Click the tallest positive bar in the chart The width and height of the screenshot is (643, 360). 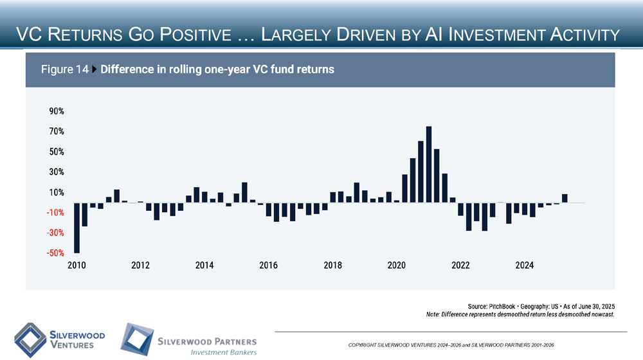(x=429, y=165)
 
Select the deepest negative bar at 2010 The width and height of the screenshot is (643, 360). (x=77, y=228)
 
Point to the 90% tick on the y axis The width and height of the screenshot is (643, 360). (x=56, y=111)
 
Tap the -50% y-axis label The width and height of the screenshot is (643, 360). (x=55, y=253)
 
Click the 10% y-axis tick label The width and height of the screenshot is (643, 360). (x=56, y=193)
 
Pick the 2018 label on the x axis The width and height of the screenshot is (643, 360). (x=332, y=265)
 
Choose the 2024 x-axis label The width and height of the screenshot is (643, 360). (x=525, y=265)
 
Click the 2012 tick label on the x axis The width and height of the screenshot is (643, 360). (x=140, y=265)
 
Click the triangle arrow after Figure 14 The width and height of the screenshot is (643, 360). (x=95, y=69)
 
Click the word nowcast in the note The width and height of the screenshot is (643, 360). (x=601, y=314)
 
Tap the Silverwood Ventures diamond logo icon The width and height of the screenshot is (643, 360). (x=30, y=340)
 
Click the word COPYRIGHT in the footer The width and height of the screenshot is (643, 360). (x=363, y=346)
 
